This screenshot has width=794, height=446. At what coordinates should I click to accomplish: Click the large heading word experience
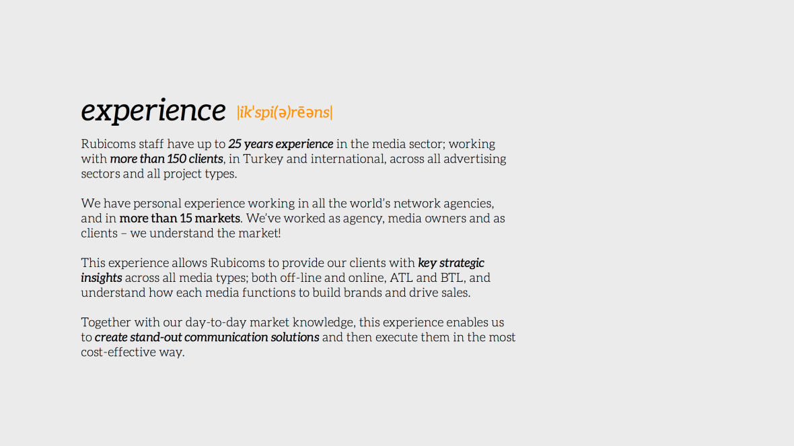click(x=153, y=110)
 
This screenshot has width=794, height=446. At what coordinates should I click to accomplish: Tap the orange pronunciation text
click(x=285, y=112)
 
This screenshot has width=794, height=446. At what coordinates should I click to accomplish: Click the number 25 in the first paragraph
click(x=234, y=144)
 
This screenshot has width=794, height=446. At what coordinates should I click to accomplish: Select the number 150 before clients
click(x=177, y=159)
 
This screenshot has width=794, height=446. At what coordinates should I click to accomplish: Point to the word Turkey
click(x=263, y=159)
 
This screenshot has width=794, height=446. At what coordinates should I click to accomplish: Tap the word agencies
click(x=468, y=204)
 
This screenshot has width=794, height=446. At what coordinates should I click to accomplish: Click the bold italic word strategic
click(x=462, y=263)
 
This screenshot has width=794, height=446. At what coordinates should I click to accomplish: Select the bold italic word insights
click(x=102, y=278)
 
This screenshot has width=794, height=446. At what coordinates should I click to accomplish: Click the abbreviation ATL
click(x=402, y=278)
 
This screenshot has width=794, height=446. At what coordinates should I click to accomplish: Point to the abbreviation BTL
click(x=452, y=278)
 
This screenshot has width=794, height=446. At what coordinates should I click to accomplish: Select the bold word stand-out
click(x=156, y=337)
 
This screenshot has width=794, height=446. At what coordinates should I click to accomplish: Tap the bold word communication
click(x=226, y=337)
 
